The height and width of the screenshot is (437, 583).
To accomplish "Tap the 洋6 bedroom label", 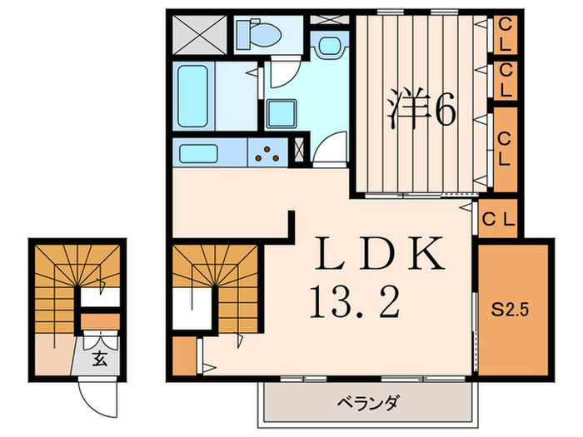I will tap(420, 109).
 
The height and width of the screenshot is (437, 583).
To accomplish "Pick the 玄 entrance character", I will tap(99, 359).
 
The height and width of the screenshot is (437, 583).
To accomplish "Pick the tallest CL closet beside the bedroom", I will tap(506, 146).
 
